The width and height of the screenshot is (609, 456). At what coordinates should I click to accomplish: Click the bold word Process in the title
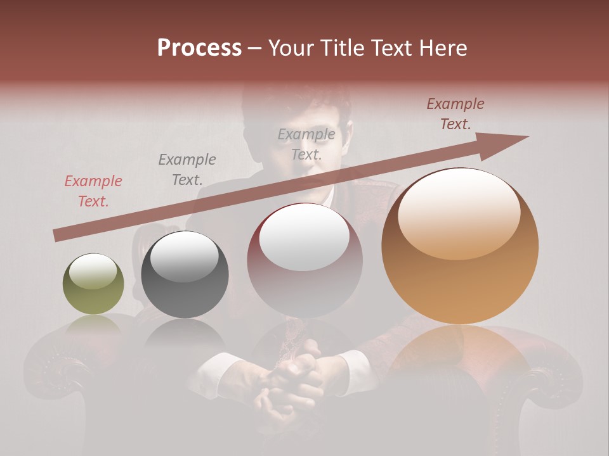pyautogui.click(x=199, y=48)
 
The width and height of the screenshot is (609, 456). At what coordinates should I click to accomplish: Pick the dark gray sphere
pyautogui.click(x=185, y=275)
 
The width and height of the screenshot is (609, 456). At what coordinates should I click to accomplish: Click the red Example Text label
pyautogui.click(x=93, y=191)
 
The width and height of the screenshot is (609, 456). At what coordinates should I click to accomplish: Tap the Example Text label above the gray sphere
pyautogui.click(x=187, y=170)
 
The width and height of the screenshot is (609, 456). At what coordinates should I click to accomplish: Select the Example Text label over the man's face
pyautogui.click(x=306, y=144)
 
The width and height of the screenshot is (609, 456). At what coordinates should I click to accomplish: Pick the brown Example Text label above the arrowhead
pyautogui.click(x=455, y=114)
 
